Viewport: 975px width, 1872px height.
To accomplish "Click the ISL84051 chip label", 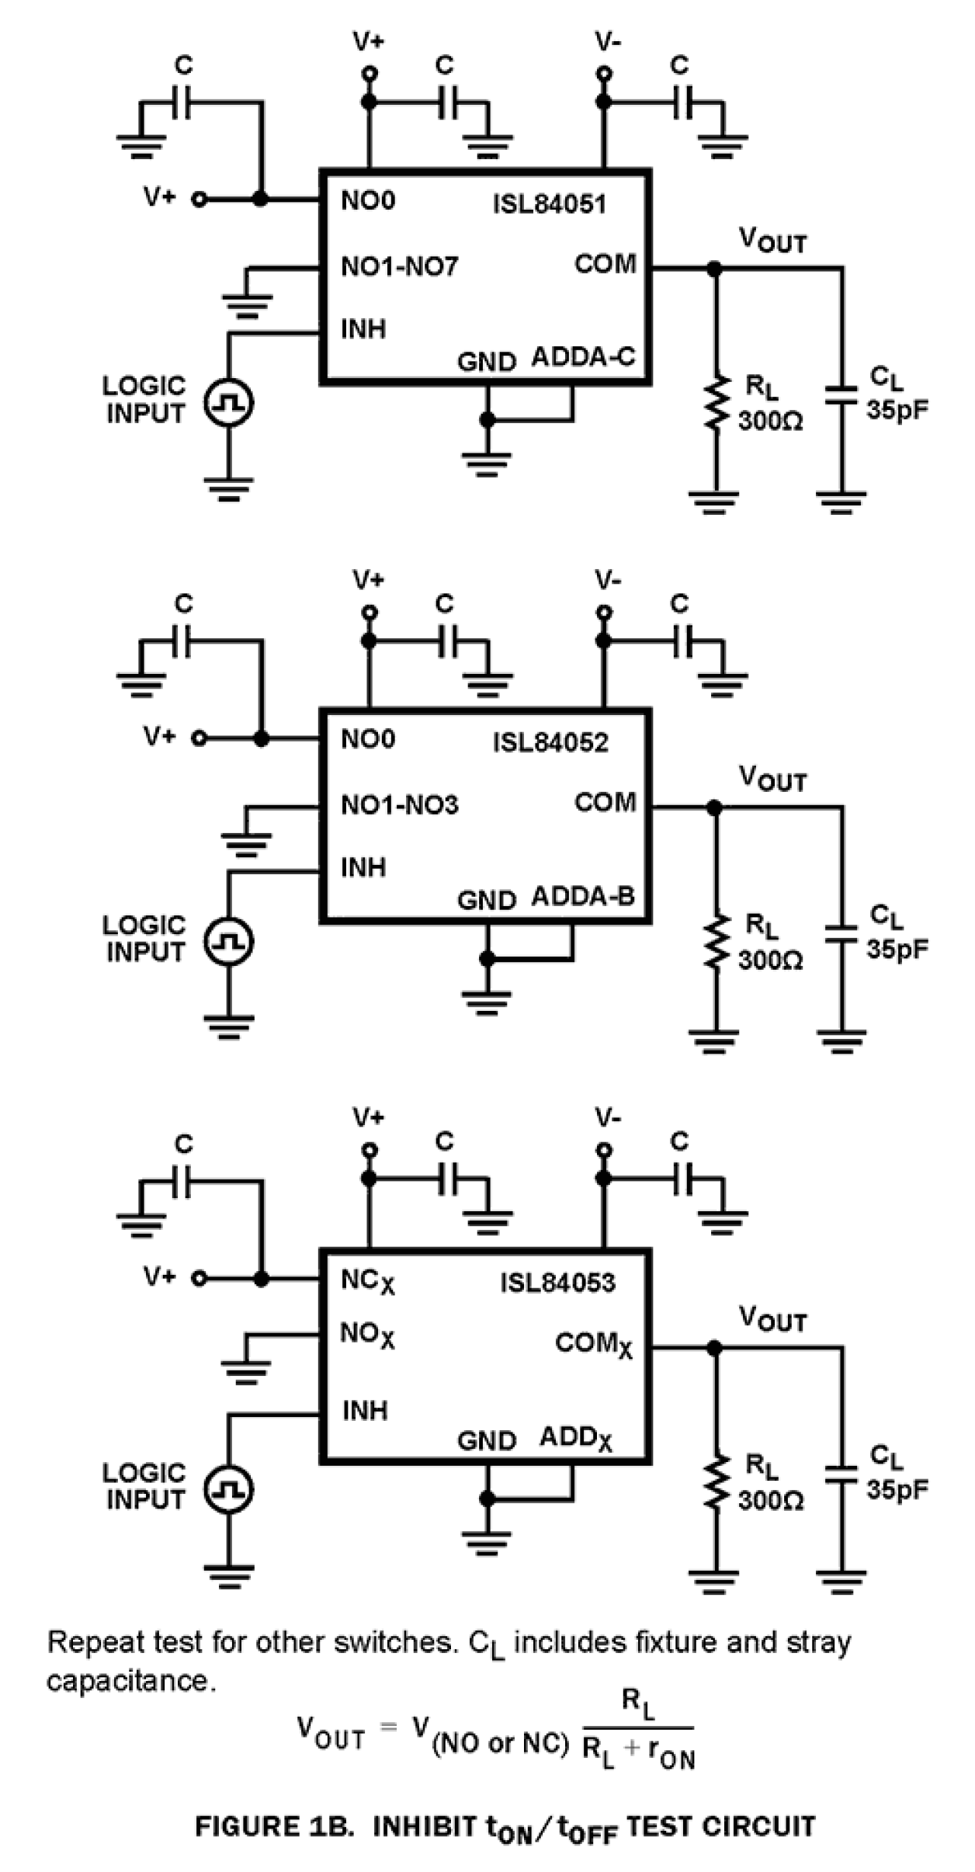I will pos(549,204).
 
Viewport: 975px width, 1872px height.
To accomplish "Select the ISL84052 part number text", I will pos(550,743).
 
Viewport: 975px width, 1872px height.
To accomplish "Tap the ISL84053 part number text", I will pos(557,1283).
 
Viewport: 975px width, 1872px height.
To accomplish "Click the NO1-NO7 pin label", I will pos(399,267).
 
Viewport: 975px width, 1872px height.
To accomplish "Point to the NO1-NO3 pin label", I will pos(399,805).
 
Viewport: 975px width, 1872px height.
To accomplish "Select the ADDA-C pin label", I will pos(583,357).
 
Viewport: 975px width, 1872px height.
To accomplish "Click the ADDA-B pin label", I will pos(583,897).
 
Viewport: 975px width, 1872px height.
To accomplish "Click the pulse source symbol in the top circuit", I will pos(228,402).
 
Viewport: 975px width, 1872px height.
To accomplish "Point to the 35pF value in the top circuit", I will pos(897,410).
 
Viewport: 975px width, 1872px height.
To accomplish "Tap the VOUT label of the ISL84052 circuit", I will pos(772,778).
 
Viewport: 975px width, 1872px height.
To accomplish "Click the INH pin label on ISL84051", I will pos(363,329).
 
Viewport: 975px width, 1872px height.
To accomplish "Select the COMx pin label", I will pos(593,1345).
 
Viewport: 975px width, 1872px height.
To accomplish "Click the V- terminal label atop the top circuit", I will pos(607,41).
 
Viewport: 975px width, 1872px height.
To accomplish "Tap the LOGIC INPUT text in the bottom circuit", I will pos(145,1486).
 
